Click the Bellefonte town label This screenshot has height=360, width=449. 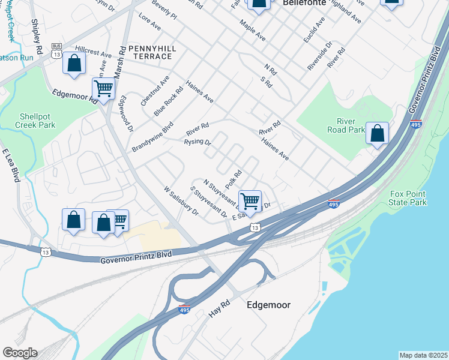coord(304,2)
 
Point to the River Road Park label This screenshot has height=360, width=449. coord(346,125)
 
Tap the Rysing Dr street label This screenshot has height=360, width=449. coord(197,142)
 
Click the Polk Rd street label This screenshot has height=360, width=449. coord(234,178)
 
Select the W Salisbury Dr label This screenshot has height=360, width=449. coord(181,200)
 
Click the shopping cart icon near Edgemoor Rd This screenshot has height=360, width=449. coord(104,89)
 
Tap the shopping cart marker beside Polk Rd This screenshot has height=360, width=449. coord(249,200)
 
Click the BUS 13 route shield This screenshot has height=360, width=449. coord(57,50)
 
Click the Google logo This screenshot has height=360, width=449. coord(20,352)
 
